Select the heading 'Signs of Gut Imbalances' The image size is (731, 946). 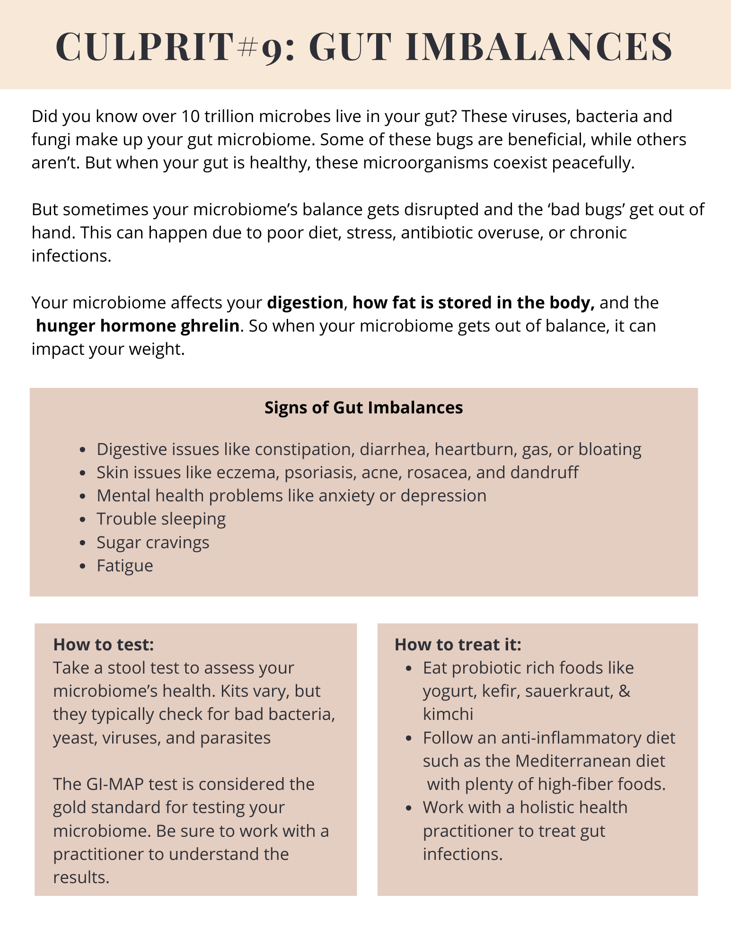click(x=363, y=408)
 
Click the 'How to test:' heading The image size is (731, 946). click(x=103, y=645)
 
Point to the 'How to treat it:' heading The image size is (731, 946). click(x=458, y=645)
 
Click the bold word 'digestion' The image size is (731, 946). click(x=305, y=303)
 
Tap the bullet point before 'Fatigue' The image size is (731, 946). click(x=83, y=566)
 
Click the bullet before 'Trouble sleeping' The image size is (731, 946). click(x=83, y=519)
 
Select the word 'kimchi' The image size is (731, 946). click(x=448, y=714)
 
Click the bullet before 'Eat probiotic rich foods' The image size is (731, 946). click(x=409, y=668)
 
